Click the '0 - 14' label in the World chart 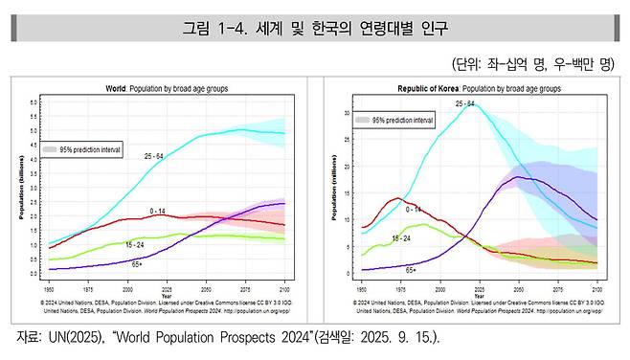[x=159, y=210]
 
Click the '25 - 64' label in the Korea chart [x=465, y=102]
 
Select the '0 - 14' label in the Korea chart [x=414, y=208]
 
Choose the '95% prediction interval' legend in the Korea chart [x=393, y=121]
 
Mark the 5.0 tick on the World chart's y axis [x=34, y=130]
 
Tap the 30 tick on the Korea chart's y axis [x=347, y=112]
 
